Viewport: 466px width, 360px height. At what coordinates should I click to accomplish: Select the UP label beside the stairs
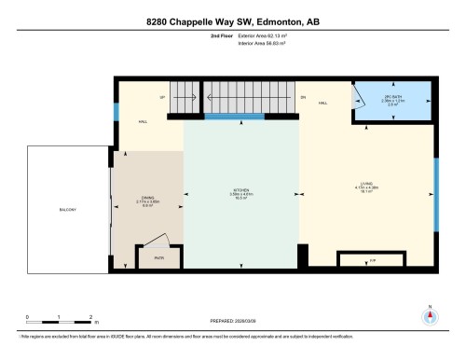(163, 97)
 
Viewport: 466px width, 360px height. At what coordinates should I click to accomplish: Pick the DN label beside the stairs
(303, 97)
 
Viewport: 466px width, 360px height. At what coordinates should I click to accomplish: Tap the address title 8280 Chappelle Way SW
(232, 21)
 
